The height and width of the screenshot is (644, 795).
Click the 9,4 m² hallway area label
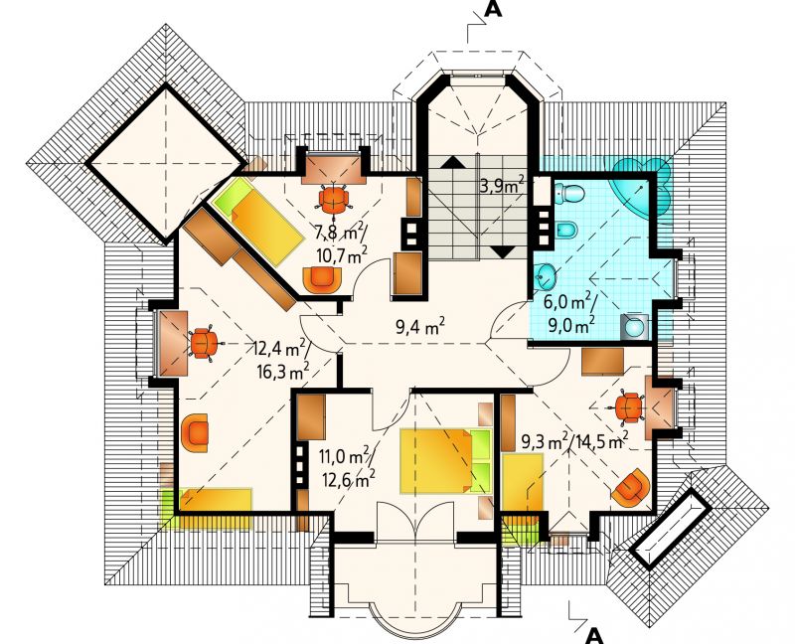420,327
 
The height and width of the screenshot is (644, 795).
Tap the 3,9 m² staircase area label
502,186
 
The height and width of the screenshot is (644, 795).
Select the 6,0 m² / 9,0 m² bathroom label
568,313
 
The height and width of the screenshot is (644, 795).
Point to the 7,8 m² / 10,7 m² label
341,244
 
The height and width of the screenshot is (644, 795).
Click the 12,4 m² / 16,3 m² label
282,360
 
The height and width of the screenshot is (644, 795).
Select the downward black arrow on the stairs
503,252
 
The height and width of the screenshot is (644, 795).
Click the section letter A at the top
493,9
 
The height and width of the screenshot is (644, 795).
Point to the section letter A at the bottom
594,635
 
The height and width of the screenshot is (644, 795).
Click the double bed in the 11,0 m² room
445,461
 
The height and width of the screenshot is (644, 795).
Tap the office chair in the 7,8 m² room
334,200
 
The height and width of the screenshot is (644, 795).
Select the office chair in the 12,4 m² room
204,344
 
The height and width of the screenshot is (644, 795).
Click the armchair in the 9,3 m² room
631,488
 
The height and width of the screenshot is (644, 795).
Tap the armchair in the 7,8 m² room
321,279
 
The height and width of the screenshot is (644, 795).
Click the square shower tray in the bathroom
634,327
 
